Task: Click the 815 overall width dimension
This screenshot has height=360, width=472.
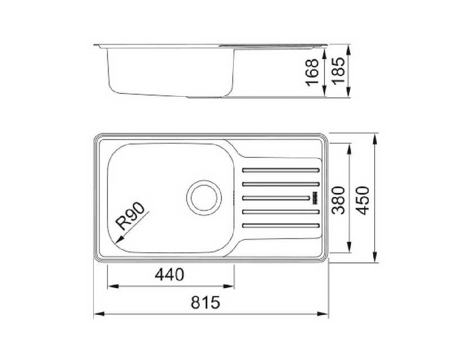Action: coord(206,303)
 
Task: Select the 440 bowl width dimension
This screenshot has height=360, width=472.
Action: coord(169,274)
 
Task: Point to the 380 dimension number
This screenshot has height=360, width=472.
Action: coord(338,200)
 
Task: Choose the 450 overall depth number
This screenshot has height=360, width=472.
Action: coord(362,200)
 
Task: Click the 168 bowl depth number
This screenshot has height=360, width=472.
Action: coord(312,73)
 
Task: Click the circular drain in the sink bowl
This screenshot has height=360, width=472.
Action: coord(204,197)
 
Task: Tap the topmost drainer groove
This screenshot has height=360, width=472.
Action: coord(281,170)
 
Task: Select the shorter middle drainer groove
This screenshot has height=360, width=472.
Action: coord(276,198)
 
